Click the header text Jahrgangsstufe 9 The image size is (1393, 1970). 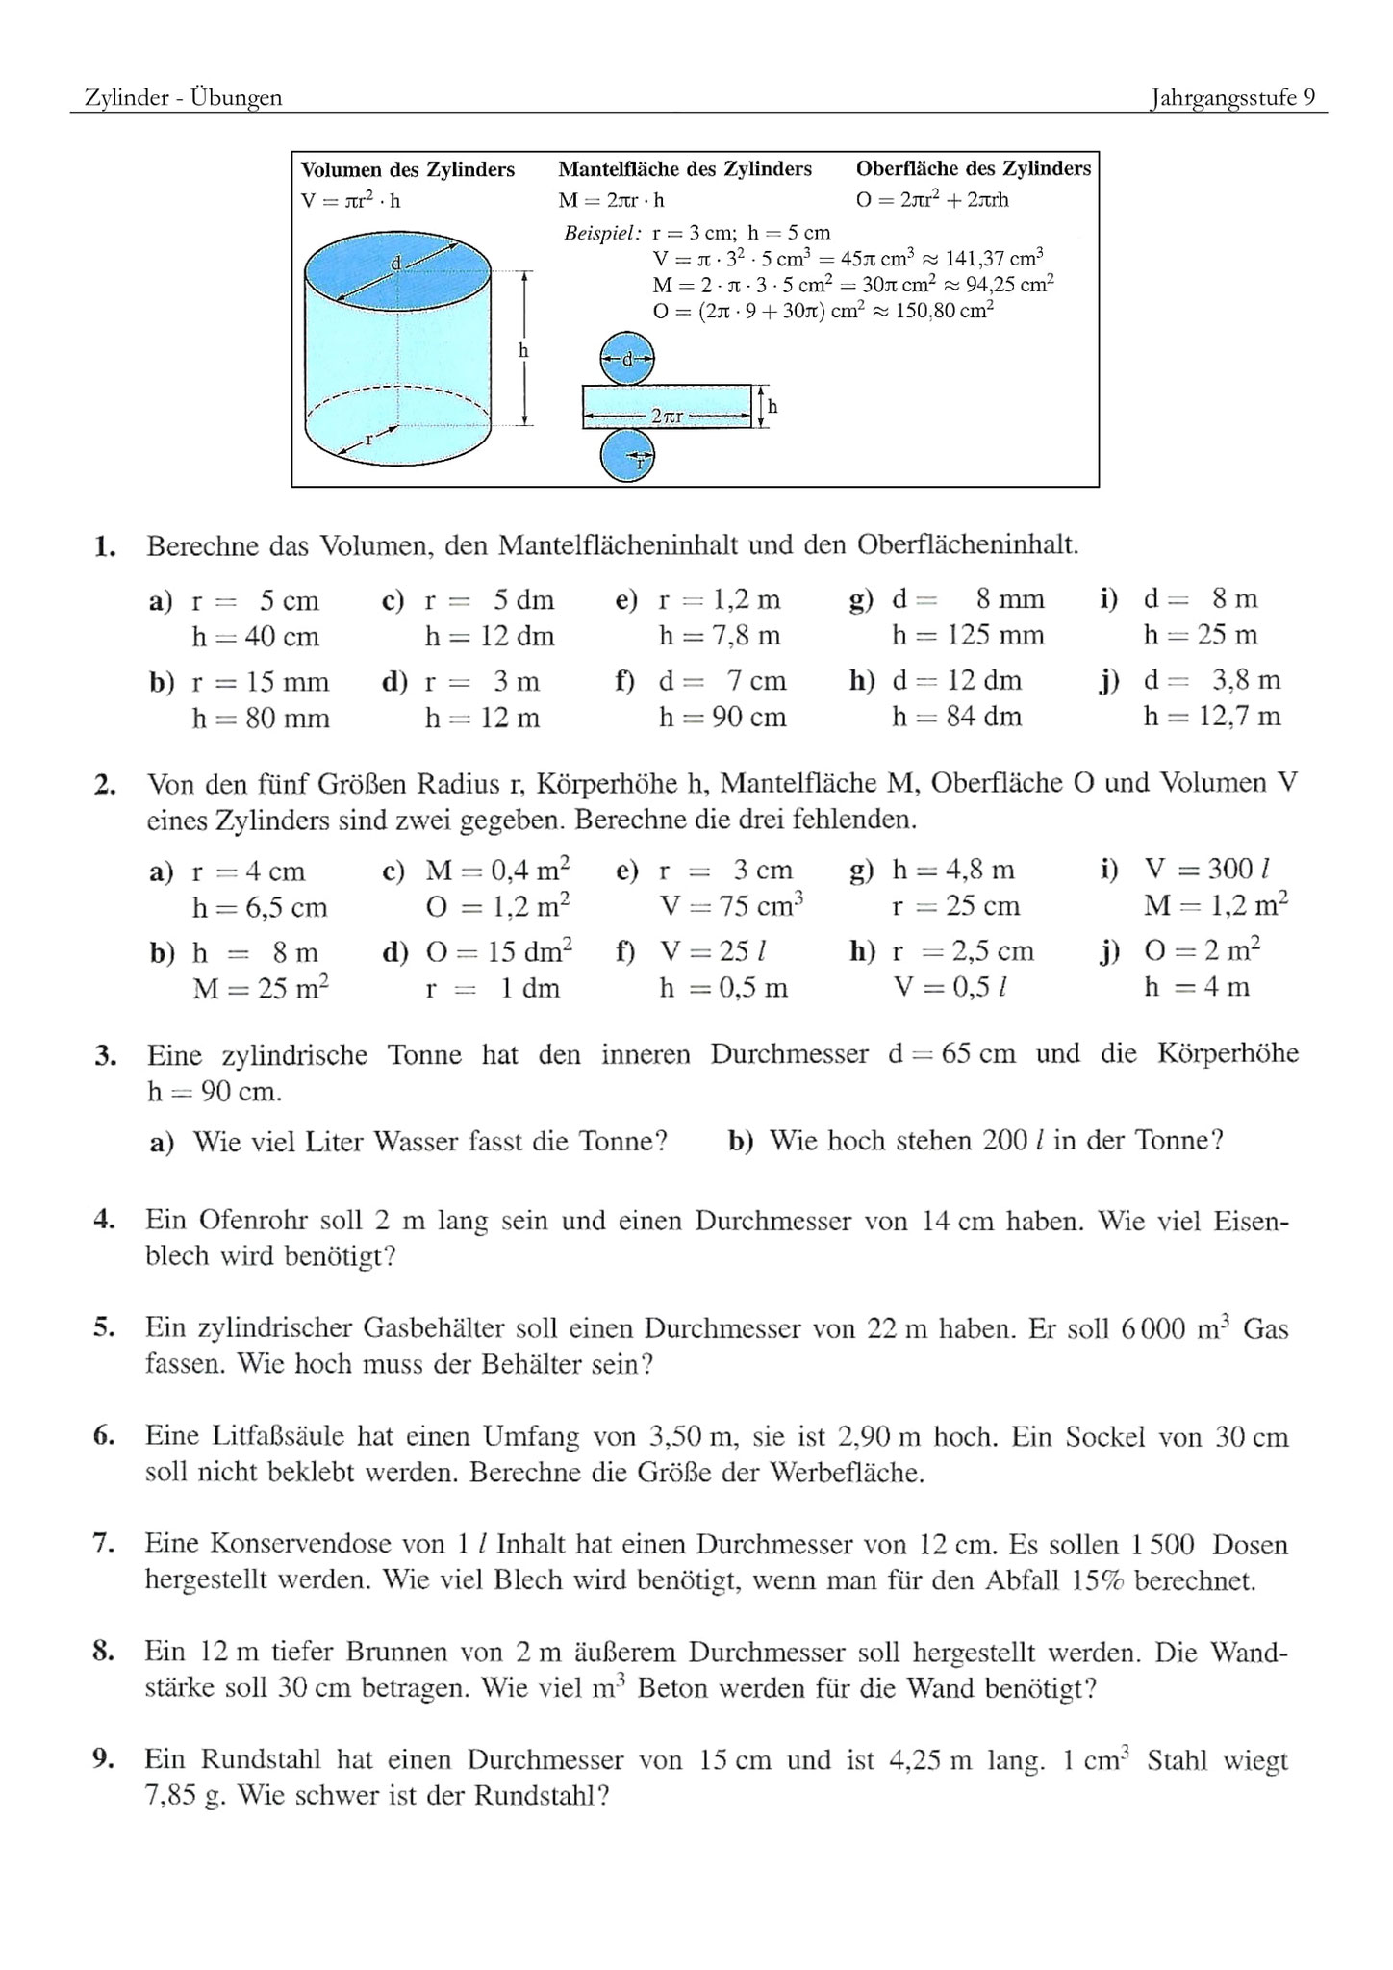click(1232, 98)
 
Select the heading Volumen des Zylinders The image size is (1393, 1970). click(408, 170)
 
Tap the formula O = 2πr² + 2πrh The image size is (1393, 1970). click(932, 200)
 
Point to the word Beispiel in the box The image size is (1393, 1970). click(602, 233)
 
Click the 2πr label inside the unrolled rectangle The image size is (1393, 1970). click(667, 417)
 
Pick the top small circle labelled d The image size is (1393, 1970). click(627, 360)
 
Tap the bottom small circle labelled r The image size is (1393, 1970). click(627, 455)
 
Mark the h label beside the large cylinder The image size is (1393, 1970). click(523, 351)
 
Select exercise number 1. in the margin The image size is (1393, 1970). click(106, 547)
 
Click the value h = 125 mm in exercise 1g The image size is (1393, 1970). click(968, 636)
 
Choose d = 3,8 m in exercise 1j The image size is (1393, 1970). click(1211, 681)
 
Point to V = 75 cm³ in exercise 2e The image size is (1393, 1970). click(731, 907)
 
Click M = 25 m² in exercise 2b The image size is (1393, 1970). click(261, 988)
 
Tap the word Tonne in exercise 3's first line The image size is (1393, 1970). click(424, 1055)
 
